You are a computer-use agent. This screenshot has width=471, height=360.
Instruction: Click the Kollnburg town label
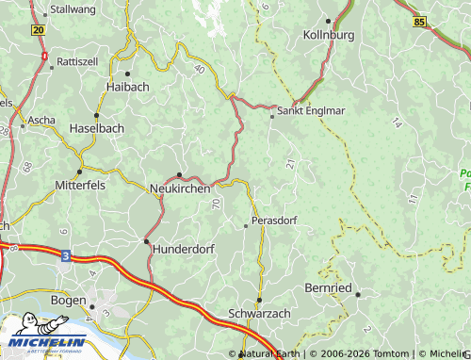tap(329, 35)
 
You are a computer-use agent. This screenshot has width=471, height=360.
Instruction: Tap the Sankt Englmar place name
tap(312, 110)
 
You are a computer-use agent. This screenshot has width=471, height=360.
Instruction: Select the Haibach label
tap(127, 86)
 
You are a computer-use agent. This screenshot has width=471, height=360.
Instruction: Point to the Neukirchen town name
tap(180, 188)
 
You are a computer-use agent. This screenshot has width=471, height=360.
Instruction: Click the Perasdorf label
tap(275, 221)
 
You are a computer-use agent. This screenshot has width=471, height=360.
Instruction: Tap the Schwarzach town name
tap(260, 314)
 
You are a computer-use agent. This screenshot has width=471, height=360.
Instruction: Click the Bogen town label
tap(69, 301)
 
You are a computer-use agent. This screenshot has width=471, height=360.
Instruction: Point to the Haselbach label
tap(97, 127)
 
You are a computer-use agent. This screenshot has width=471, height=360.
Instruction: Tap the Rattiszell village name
tap(77, 60)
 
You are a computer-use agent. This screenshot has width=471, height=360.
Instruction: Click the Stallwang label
tap(73, 9)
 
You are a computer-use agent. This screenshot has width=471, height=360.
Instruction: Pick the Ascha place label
tap(41, 121)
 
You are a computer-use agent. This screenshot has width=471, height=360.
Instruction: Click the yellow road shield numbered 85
tap(419, 21)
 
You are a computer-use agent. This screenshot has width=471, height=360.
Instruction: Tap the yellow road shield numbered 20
tap(38, 30)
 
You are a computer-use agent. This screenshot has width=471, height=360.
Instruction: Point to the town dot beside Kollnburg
tap(328, 20)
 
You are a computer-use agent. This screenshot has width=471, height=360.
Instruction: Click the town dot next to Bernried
tap(358, 294)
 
